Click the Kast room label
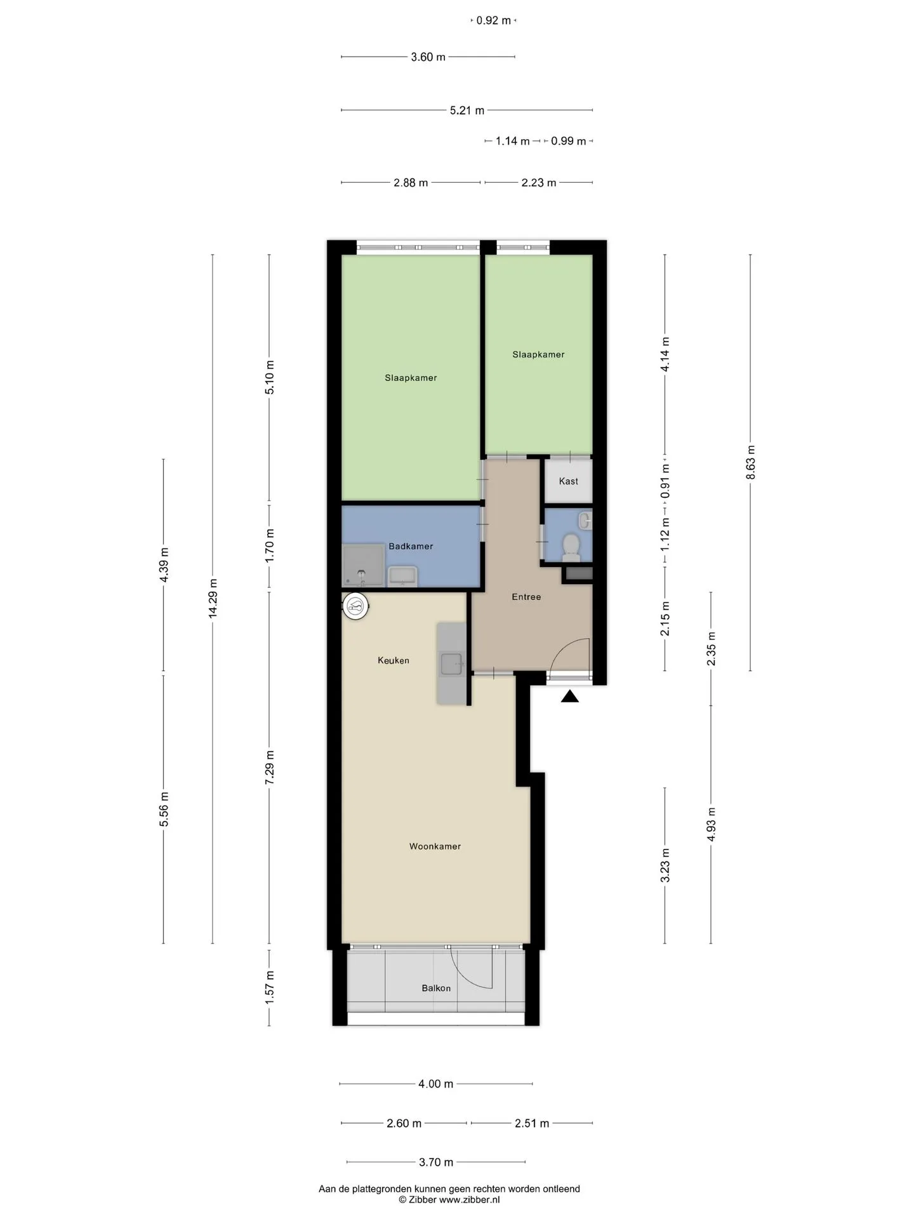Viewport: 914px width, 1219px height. point(568,481)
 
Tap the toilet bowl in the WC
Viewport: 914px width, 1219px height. point(571,547)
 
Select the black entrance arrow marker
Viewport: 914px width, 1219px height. point(570,696)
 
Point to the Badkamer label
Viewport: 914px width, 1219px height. point(411,546)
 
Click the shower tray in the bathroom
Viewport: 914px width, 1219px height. point(364,565)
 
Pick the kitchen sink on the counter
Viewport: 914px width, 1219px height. point(451,664)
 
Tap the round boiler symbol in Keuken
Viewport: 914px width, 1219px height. point(355,606)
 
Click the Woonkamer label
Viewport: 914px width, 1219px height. point(435,846)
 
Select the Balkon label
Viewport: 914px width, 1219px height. point(436,988)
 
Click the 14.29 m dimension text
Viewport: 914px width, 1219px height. point(213,598)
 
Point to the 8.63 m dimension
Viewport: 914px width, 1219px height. point(751,462)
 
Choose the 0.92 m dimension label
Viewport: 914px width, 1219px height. point(494,20)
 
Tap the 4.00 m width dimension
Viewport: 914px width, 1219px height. point(436,1084)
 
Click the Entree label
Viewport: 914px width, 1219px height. point(526,597)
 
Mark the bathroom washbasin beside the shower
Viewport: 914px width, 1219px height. point(402,576)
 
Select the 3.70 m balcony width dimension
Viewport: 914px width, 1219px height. point(436,1162)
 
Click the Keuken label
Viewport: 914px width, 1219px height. point(394,660)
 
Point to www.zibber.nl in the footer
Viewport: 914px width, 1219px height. point(470,1199)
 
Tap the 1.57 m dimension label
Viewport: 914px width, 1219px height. point(270,987)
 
